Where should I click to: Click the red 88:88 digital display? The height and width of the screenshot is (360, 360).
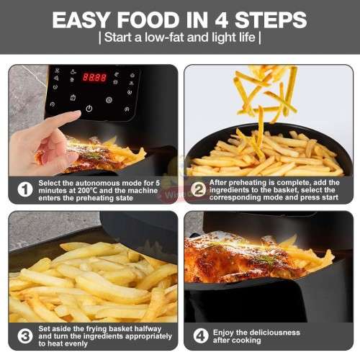[94, 77]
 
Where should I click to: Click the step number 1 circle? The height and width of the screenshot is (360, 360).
[24, 189]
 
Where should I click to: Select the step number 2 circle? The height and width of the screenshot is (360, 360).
[198, 189]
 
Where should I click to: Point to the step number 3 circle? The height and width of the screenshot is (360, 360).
[24, 336]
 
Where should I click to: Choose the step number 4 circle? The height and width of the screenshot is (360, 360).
[201, 336]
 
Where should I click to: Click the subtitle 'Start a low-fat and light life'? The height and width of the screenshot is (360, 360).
[179, 37]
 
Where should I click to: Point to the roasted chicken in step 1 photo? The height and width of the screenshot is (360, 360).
[94, 155]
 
